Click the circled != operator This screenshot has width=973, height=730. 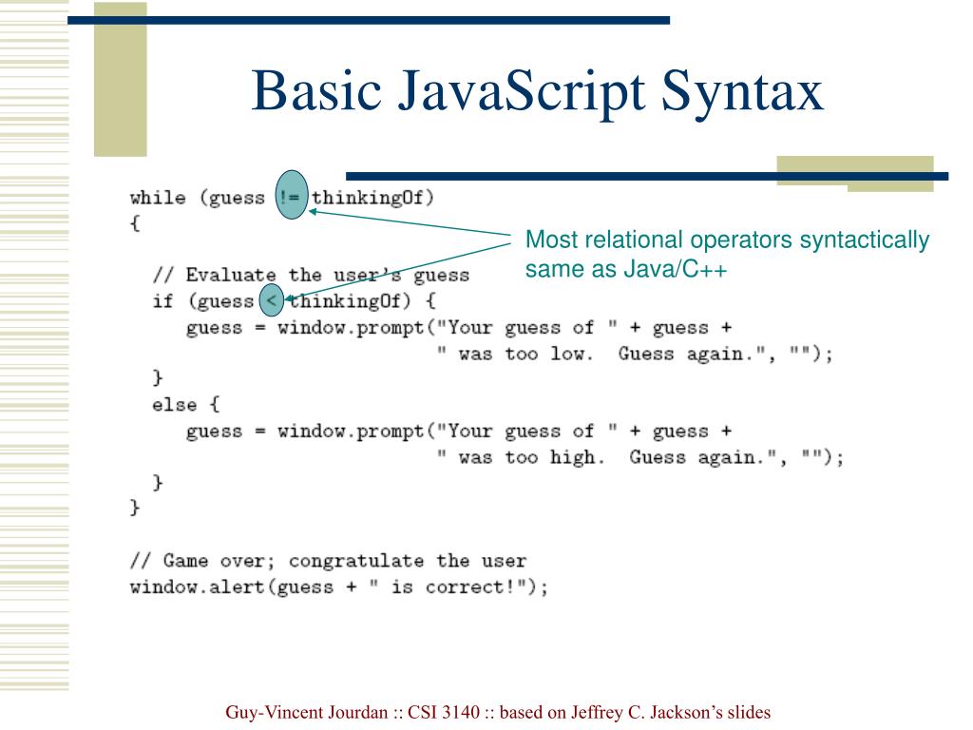pos(291,198)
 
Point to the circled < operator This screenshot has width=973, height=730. pos(271,301)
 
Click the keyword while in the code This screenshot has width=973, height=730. pos(158,198)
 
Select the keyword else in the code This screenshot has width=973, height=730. pos(175,405)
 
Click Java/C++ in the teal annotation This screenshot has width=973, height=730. pos(676,270)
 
